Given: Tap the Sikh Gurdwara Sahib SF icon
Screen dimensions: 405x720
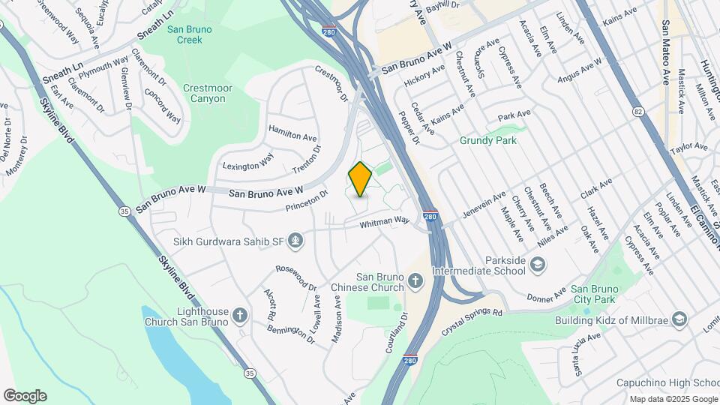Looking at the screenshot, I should pyautogui.click(x=296, y=241).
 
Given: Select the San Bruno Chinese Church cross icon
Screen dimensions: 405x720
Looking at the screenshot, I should pyautogui.click(x=417, y=282).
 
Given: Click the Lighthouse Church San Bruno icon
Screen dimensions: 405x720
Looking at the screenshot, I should pyautogui.click(x=239, y=315).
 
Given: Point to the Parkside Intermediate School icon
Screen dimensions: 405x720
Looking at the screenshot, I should pyautogui.click(x=538, y=264).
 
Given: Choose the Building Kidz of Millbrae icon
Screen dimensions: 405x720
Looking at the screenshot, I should pyautogui.click(x=679, y=320).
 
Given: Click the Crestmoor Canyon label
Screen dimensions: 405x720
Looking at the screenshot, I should pyautogui.click(x=204, y=93).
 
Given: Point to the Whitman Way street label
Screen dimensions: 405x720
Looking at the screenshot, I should pyautogui.click(x=384, y=222).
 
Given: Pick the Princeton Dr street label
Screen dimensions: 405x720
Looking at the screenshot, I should pyautogui.click(x=306, y=200).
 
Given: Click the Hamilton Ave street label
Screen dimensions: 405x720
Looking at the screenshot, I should pyautogui.click(x=292, y=136).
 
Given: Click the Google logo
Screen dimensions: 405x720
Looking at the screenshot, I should pyautogui.click(x=25, y=396).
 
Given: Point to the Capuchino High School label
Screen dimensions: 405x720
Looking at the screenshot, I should pyautogui.click(x=667, y=382).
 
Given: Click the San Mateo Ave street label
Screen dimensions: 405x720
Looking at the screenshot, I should pyautogui.click(x=666, y=52).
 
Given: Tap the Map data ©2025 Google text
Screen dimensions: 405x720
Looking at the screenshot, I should pyautogui.click(x=673, y=399).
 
